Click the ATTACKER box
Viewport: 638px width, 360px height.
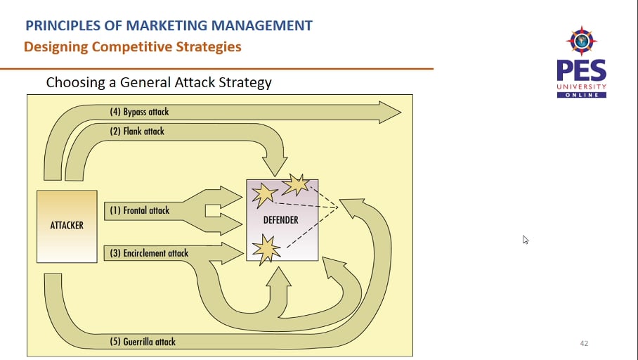[x=67, y=226]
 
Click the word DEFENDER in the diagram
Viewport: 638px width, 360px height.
[x=280, y=220]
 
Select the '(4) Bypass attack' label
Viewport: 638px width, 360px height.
[x=139, y=112]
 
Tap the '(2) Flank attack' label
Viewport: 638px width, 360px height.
[x=137, y=131]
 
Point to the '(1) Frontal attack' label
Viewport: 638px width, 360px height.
[x=139, y=210]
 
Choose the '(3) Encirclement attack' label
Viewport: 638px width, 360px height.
[x=149, y=253]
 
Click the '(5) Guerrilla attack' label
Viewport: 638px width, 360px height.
[x=143, y=342]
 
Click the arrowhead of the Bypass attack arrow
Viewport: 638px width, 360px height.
[x=390, y=112]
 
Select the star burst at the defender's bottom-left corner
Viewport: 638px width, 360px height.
[x=263, y=248]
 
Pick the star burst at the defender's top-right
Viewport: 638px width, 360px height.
[x=295, y=185]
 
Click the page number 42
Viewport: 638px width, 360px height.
[x=584, y=343]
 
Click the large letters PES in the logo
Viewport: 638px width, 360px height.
[x=581, y=71]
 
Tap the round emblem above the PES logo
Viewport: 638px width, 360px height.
[x=582, y=41]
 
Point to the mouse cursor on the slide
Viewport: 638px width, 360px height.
[x=525, y=239]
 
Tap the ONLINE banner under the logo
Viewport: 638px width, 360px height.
[x=582, y=95]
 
